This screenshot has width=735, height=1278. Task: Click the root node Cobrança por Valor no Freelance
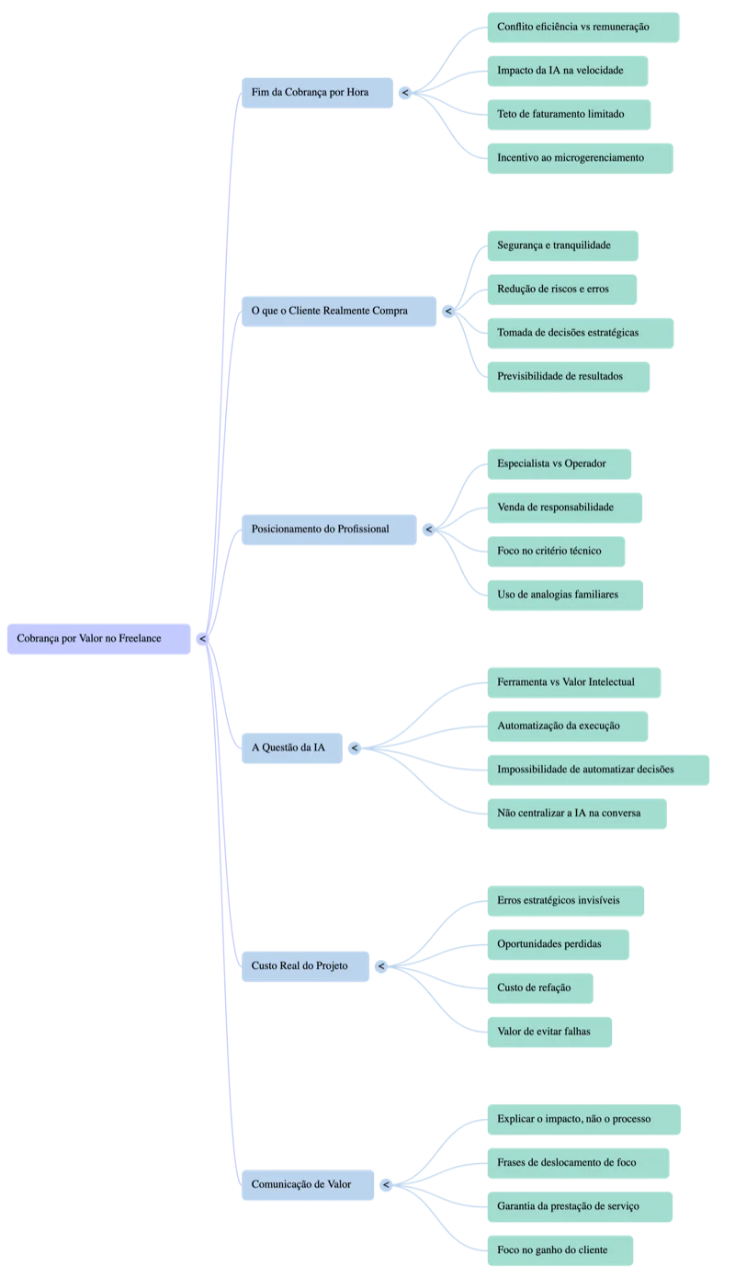pos(98,638)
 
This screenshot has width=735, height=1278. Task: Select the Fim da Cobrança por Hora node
pos(317,93)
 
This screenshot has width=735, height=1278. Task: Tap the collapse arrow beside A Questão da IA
pos(355,747)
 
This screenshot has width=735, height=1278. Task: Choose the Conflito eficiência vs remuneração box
pos(583,28)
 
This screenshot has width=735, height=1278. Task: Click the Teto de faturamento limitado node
pos(569,115)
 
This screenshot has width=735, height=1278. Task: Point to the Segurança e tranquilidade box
pos(563,245)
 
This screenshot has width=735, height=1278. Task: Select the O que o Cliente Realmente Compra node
pos(339,311)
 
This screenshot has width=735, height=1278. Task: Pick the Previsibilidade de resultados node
pos(569,377)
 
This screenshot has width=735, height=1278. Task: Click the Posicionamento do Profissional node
pos(329,530)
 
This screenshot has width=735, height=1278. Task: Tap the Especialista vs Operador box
pos(560,463)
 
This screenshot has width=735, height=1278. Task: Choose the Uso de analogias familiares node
pos(565,595)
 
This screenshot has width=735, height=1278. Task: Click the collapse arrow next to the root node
pos(202,638)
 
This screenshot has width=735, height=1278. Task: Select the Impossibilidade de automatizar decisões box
pos(598,770)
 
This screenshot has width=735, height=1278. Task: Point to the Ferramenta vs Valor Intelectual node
pos(574,682)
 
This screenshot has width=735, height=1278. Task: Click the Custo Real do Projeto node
pos(305,966)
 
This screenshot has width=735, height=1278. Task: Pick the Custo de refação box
pos(540,988)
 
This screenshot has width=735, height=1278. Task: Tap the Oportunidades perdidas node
pos(559,944)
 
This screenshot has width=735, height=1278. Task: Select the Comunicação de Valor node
pos(308,1184)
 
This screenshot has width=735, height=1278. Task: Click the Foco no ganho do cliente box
pos(560,1250)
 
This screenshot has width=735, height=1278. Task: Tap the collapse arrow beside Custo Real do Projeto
pos(381,966)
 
